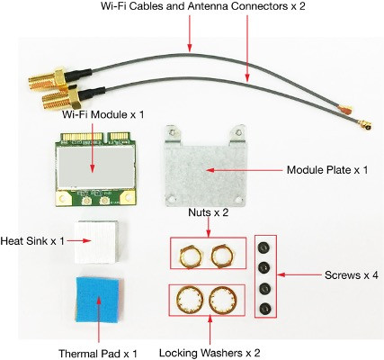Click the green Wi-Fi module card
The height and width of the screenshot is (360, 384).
point(92,168)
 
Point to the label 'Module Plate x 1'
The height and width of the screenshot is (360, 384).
point(328,169)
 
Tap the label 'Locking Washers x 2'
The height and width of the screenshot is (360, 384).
point(210,352)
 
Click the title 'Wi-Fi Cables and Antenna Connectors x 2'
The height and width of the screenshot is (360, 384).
point(192,8)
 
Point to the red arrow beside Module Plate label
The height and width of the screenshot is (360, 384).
point(243,169)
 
